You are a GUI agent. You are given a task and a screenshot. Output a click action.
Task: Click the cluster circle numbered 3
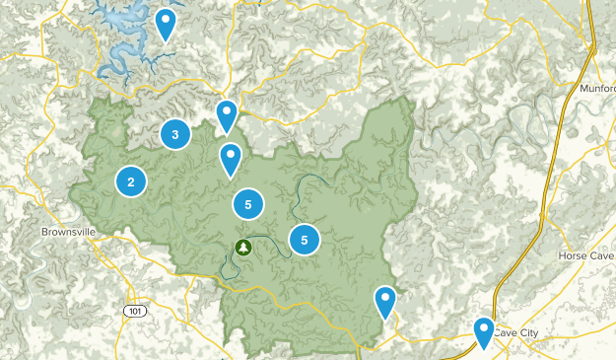174,134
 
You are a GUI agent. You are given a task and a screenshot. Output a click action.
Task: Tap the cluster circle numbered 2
130,180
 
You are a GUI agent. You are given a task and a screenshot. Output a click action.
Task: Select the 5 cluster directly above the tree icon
247,204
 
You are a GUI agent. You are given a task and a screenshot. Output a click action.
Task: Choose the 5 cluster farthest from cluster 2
305,239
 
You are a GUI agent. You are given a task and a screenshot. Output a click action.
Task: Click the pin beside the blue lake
166,24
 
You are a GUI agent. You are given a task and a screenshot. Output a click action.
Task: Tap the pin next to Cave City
483,331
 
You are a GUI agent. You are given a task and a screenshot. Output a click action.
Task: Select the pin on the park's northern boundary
227,114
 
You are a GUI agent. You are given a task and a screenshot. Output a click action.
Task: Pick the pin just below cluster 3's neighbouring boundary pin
230,158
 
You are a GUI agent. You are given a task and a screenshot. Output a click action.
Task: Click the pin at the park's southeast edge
384,300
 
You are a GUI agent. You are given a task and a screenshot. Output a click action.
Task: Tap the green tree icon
243,247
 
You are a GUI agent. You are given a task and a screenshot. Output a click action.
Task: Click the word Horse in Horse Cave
571,255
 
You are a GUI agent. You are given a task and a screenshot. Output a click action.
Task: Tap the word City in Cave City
528,333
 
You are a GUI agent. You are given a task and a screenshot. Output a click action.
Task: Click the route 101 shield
134,311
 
